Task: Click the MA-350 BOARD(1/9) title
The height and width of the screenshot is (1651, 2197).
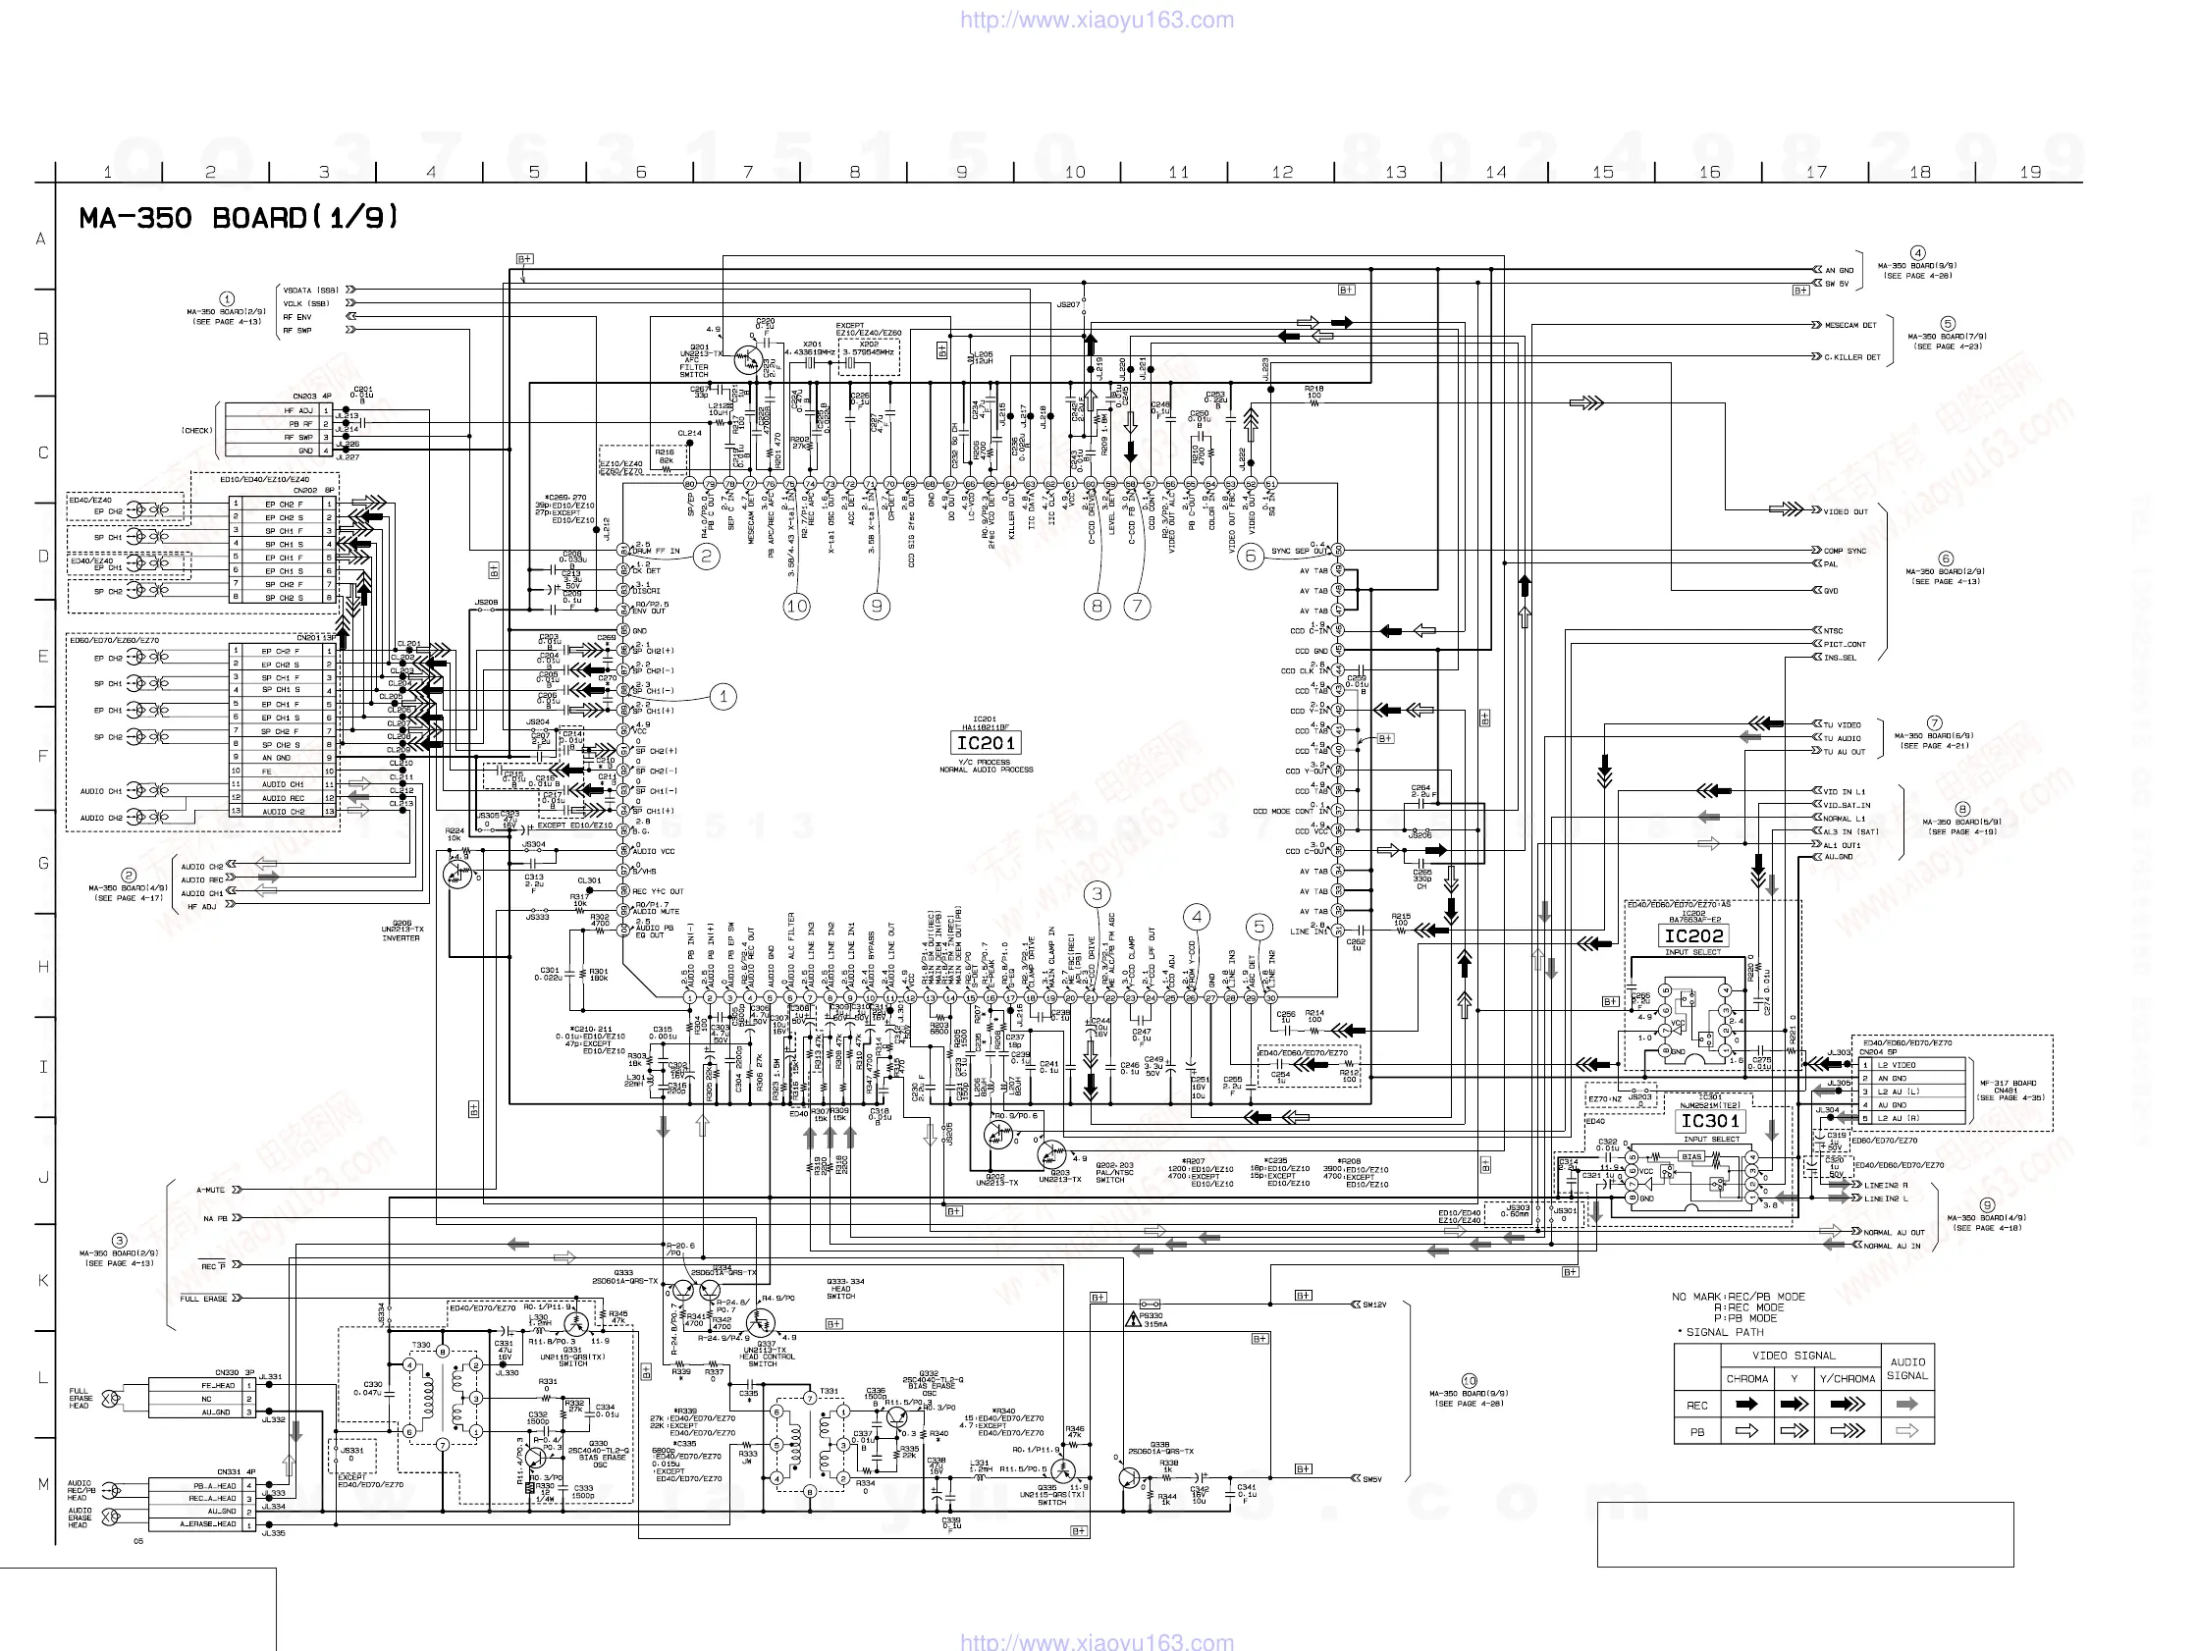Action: coord(239,218)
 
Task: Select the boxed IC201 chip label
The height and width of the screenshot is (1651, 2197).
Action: coord(986,743)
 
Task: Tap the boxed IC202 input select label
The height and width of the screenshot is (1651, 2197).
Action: coord(1693,935)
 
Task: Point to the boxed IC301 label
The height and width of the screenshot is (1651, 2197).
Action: coord(1709,1121)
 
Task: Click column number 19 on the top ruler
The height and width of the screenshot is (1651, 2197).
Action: coord(2030,172)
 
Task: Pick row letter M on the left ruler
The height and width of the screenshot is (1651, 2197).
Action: coord(43,1484)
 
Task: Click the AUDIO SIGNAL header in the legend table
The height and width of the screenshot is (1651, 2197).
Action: coord(1907,1368)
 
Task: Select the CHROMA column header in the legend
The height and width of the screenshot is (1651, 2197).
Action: coord(1746,1378)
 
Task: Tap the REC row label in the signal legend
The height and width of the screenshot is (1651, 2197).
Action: coord(1696,1405)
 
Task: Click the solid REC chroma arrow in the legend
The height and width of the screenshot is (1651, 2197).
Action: coord(1746,1405)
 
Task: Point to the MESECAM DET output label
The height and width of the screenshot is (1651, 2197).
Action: coord(1850,325)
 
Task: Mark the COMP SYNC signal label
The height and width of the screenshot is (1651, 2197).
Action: coord(1845,551)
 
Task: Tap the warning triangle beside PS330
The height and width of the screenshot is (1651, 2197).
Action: coord(1132,1320)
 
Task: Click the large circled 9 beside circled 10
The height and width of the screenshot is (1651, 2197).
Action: coord(876,606)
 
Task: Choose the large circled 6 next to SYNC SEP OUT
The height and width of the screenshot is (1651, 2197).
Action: coord(1251,557)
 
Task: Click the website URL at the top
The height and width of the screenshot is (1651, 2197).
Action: coord(1097,20)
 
